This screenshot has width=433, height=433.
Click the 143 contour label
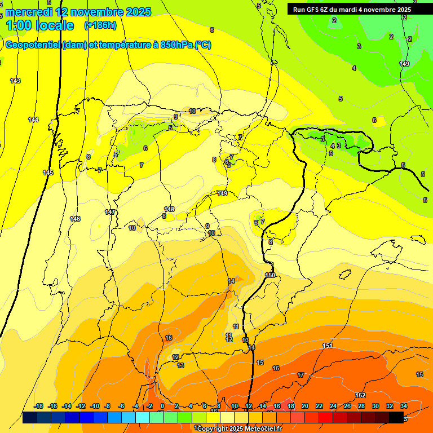tap(15, 81)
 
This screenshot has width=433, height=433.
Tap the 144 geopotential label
tap(34, 120)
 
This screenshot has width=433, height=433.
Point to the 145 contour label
tap(48, 173)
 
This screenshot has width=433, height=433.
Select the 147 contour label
tap(110, 212)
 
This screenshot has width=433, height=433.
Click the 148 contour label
tap(169, 209)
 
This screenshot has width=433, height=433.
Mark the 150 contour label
tap(270, 275)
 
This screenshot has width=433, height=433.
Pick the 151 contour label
tap(328, 346)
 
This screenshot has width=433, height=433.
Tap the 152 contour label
tap(361, 395)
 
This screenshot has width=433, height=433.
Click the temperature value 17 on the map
tap(301, 375)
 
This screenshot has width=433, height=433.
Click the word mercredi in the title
tap(29, 12)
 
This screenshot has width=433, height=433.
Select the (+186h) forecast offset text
tap(100, 25)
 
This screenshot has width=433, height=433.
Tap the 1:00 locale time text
tap(39, 25)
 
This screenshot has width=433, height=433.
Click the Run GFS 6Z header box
tap(352, 10)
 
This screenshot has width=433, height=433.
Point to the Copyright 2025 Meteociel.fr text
tap(240, 428)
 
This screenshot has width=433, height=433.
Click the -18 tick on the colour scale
tap(38, 406)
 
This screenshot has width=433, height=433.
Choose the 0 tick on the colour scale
tap(162, 406)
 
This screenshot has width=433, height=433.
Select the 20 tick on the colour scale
tap(305, 406)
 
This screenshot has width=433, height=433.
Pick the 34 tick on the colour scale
tap(404, 406)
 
